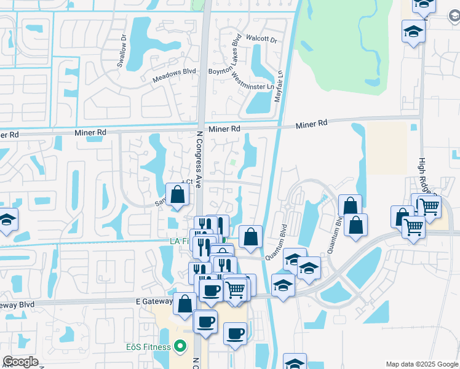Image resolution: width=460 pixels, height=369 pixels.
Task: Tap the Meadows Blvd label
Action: click(x=175, y=72)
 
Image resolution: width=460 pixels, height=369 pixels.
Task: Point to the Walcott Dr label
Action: click(x=261, y=39)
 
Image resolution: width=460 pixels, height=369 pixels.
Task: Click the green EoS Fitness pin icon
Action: click(x=180, y=347)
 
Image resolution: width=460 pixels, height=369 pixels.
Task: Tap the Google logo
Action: click(x=20, y=362)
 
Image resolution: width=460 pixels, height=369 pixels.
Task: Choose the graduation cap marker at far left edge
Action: click(x=7, y=220)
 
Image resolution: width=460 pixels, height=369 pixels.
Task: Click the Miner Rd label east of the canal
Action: click(x=312, y=125)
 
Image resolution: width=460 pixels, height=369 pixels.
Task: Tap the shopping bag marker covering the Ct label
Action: click(x=178, y=195)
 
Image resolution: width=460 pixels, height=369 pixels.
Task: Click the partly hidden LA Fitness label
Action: click(x=180, y=241)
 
